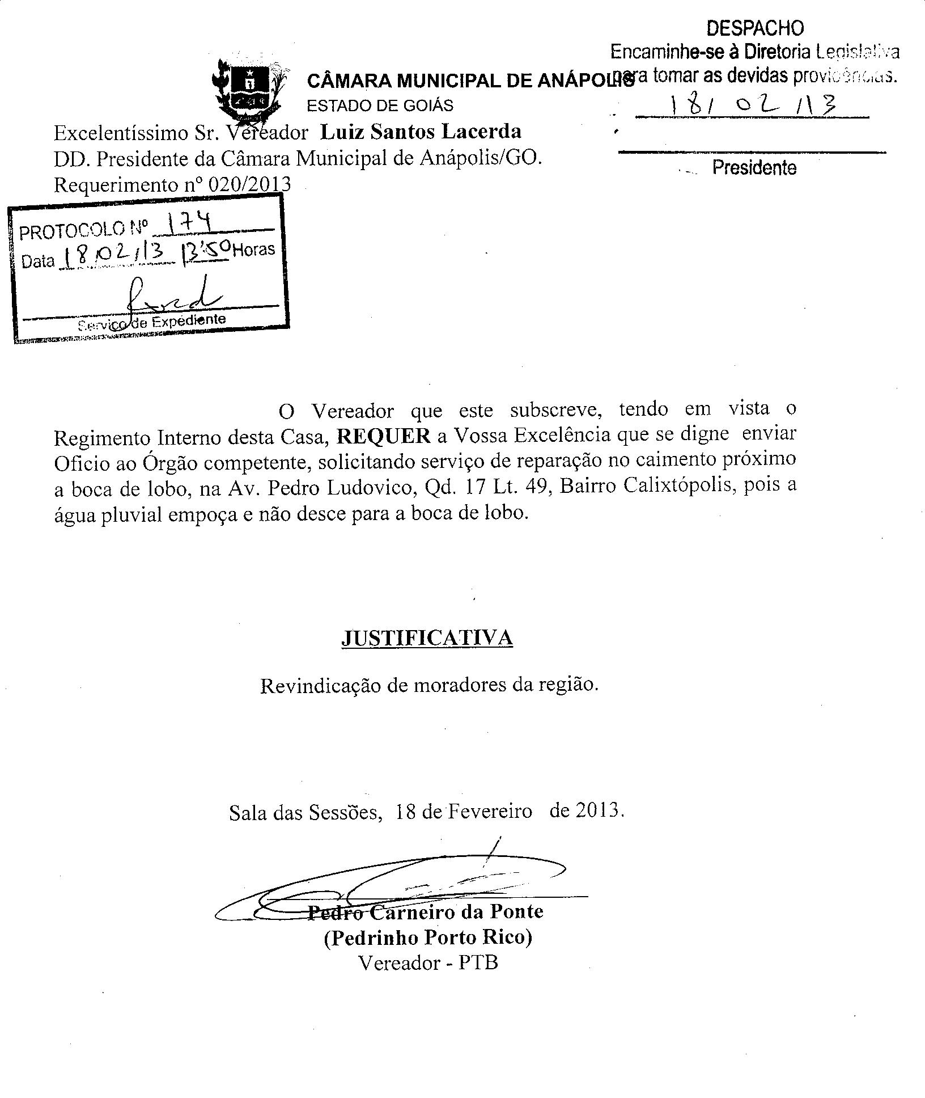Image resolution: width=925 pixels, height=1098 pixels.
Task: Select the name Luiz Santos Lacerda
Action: (421, 132)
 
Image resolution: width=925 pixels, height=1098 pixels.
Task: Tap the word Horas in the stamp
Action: (253, 250)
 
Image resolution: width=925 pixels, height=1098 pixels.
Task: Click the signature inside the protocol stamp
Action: (170, 295)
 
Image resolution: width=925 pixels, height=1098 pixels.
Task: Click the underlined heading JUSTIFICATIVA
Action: (427, 638)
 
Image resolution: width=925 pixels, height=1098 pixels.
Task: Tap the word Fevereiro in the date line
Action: (490, 812)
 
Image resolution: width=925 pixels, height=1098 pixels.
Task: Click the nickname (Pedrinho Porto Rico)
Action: (428, 937)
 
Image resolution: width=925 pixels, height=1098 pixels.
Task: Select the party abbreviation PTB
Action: (478, 963)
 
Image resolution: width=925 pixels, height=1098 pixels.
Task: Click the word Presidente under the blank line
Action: (754, 168)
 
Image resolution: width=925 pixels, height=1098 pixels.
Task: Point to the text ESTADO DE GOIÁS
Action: (380, 106)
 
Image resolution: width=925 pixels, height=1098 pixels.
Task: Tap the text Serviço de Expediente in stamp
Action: (152, 322)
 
